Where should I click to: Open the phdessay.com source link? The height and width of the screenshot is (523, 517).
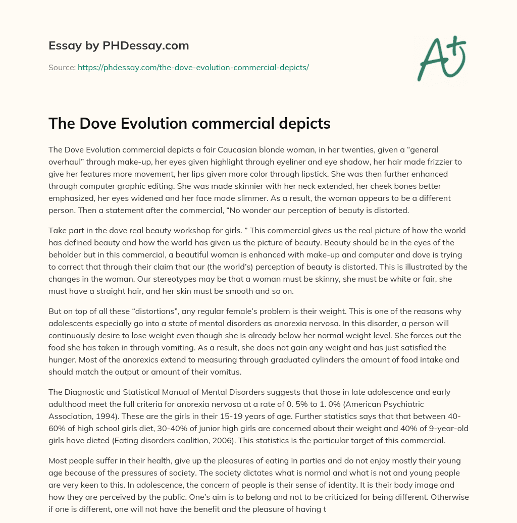point(193,67)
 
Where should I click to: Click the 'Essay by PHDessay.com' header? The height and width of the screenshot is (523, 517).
point(119,46)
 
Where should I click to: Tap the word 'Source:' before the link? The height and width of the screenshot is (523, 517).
point(62,67)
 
